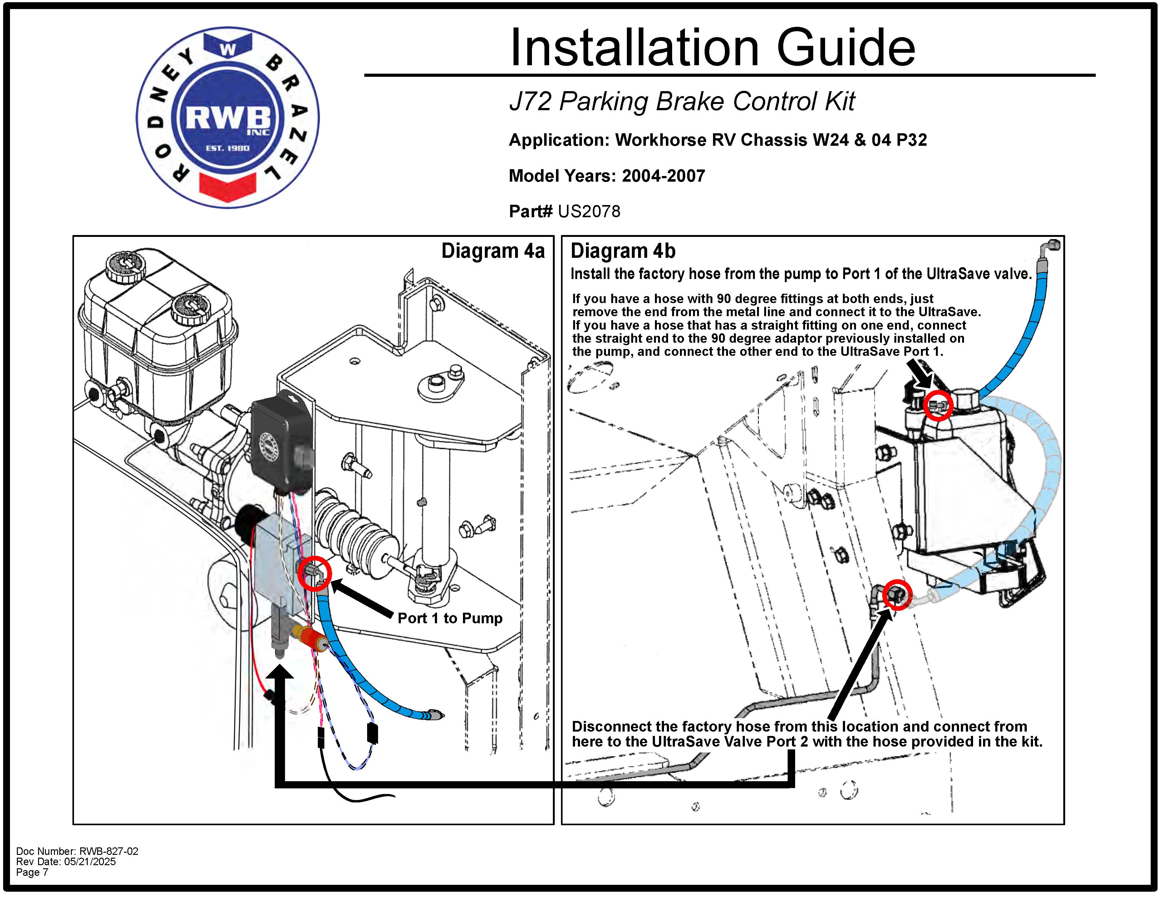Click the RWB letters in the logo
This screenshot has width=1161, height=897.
[228, 118]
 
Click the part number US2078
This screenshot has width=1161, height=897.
[589, 212]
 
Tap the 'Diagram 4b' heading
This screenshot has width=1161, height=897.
[622, 251]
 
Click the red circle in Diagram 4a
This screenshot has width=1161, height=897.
[315, 573]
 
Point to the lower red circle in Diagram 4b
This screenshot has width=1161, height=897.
[897, 594]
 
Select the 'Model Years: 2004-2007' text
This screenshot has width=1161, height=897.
[607, 176]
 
